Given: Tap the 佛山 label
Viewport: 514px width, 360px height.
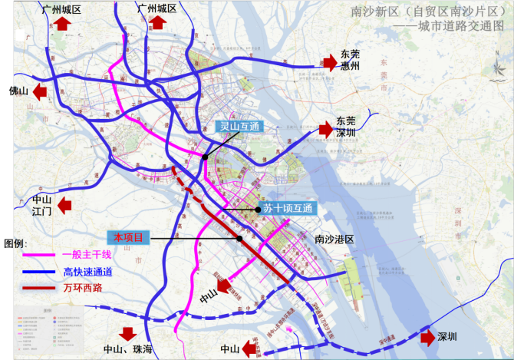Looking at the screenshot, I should [x=18, y=92].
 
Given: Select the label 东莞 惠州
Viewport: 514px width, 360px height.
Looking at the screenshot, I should [x=350, y=61].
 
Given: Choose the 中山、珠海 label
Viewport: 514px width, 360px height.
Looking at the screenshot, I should [x=128, y=351].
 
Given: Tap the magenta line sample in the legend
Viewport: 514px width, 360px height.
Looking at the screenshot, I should [x=38, y=255].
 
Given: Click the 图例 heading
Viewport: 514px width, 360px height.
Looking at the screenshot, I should [x=15, y=242].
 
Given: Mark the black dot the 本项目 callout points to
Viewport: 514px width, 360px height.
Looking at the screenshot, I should [x=240, y=239].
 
